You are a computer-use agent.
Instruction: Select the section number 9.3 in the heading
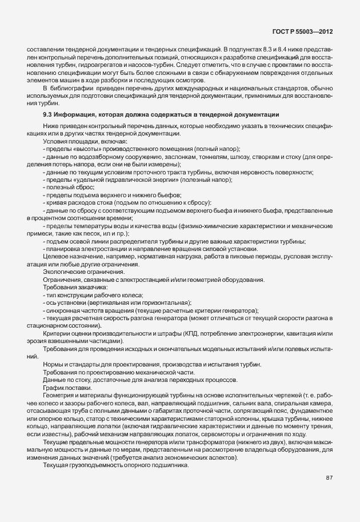pos(47,115)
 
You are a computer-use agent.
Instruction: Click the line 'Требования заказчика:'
pos(71,287)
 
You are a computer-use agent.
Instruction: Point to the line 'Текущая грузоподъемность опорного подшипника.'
pos(114,466)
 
